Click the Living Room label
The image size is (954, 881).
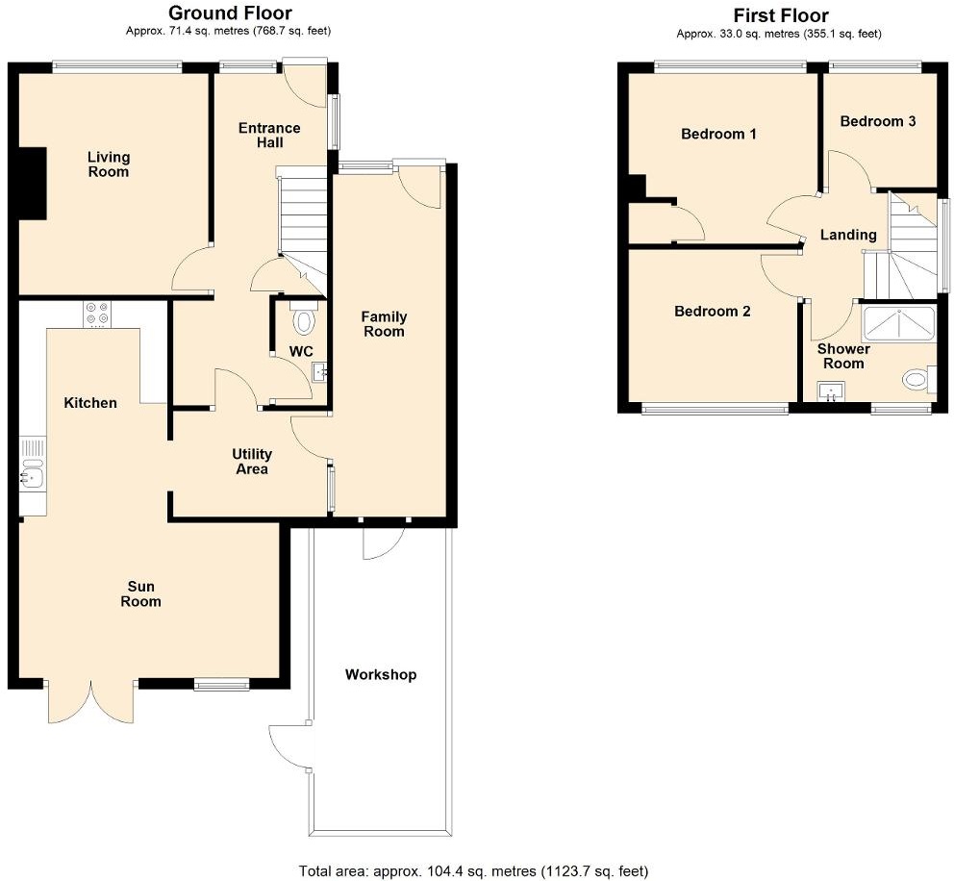pos(108,164)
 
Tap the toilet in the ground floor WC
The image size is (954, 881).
pos(303,318)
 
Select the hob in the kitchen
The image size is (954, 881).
pos(96,314)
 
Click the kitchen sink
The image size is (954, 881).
pos(32,471)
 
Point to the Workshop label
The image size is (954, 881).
pos(381,674)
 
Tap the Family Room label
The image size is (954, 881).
pos(384,324)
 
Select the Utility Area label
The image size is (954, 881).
pos(251,462)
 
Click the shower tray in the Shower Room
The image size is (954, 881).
pos(900,325)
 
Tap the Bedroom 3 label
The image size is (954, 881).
pos(877,121)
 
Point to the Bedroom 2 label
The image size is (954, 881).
pos(712,312)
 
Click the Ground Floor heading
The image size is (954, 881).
pos(230,13)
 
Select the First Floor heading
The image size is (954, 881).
pos(780,15)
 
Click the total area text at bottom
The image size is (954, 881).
pos(473,871)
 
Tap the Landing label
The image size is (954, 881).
pos(847,235)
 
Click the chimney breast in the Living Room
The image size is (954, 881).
pos(33,186)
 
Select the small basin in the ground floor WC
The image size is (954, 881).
pos(321,369)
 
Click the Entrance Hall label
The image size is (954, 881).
pos(269,136)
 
